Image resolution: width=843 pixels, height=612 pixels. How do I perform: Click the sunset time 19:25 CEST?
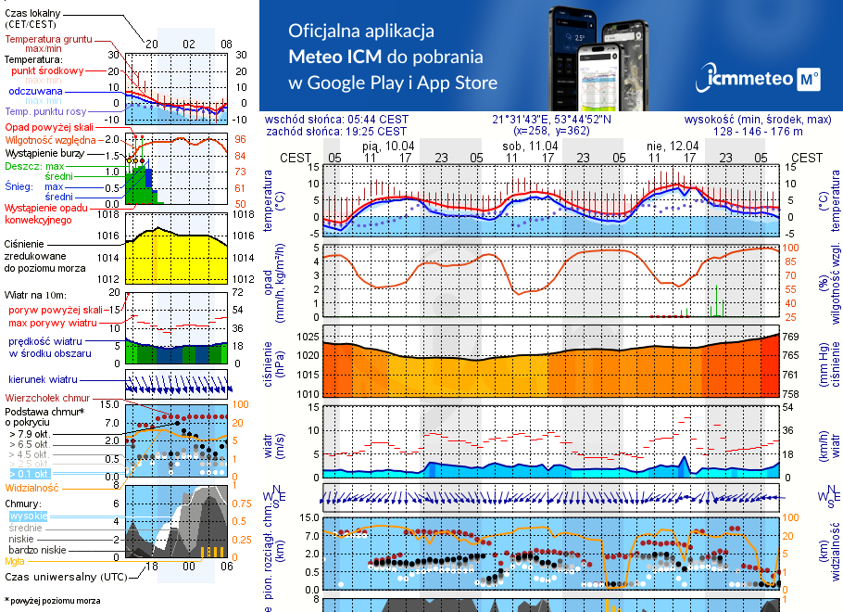[x=374, y=131]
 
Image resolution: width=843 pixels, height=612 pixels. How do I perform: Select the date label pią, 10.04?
[x=388, y=146]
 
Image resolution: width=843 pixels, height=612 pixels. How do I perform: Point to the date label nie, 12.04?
[x=672, y=146]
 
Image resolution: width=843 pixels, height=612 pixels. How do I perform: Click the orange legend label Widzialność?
[x=32, y=487]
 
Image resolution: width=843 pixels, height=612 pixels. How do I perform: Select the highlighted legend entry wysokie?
[x=27, y=516]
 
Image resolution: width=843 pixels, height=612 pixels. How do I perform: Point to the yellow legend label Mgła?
[x=15, y=561]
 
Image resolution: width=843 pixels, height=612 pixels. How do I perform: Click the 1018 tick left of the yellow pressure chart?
[x=109, y=214]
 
